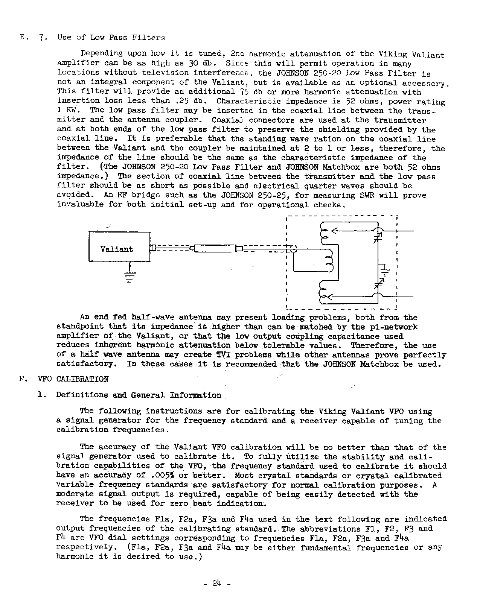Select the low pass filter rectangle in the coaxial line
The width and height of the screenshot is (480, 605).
click(215, 248)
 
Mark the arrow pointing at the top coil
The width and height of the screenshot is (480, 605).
click(335, 231)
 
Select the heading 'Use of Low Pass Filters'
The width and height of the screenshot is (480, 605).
click(111, 37)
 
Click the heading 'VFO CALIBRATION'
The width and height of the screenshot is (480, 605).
click(82, 379)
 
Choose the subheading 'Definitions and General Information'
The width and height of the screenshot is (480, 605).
click(139, 395)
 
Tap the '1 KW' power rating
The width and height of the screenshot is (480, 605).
click(67, 110)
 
